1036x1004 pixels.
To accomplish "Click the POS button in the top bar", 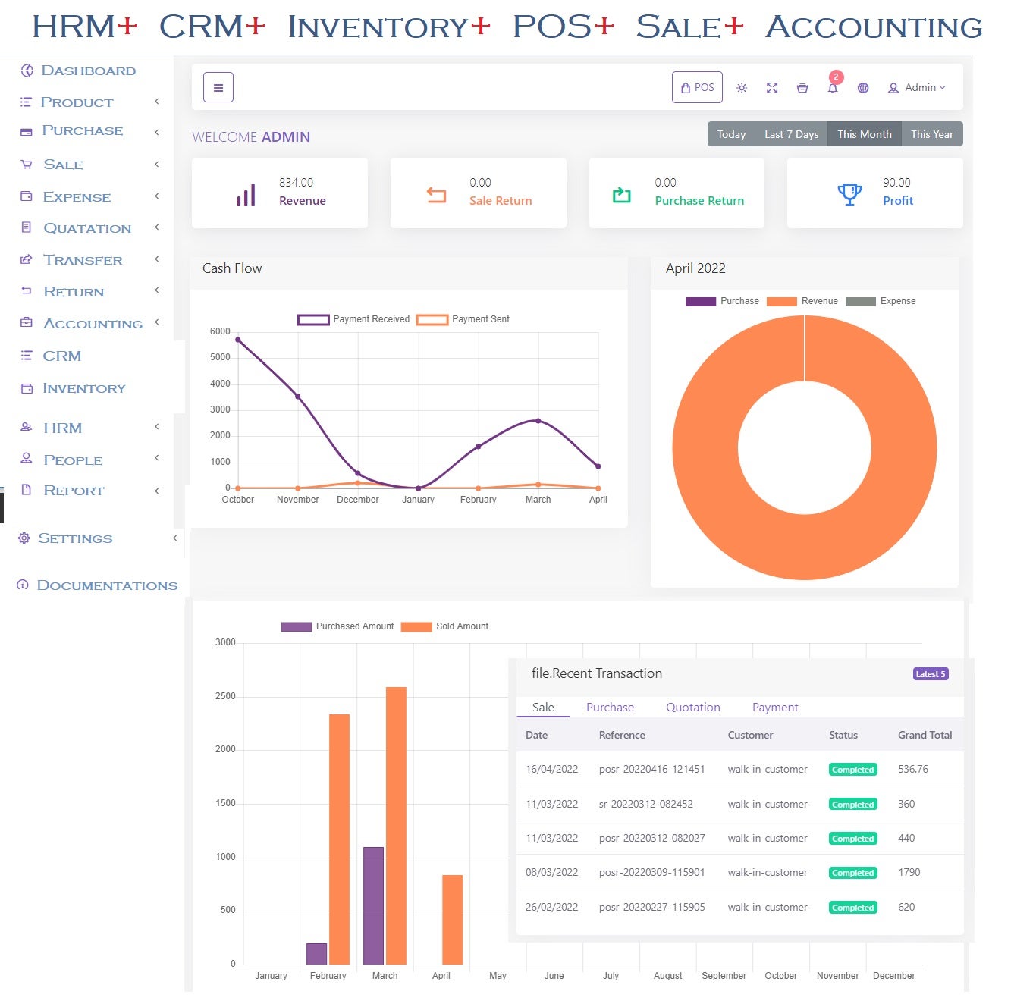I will point(697,87).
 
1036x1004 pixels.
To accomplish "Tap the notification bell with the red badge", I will point(833,87).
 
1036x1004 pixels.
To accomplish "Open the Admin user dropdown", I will point(917,87).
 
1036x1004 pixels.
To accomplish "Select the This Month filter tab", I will point(864,134).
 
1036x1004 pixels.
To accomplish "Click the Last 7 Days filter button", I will point(791,134).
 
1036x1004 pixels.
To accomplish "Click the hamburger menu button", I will point(218,87).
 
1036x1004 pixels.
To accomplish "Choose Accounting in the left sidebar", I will point(93,324).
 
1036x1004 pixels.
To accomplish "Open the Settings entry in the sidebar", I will point(75,538).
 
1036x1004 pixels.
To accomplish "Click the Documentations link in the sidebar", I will point(107,585).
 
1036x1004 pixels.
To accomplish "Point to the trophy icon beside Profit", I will point(849,194).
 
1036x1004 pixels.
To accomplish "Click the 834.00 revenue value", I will point(296,183).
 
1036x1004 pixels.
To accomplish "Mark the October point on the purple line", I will point(238,340).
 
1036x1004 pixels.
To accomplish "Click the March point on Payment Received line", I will point(538,420).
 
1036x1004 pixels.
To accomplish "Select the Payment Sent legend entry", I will point(463,319).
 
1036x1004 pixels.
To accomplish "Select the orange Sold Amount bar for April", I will point(452,919).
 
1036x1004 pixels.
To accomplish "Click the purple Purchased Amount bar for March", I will point(373,905).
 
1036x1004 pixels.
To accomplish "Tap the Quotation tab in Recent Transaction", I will point(692,707).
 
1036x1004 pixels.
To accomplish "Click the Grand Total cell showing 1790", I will point(909,872).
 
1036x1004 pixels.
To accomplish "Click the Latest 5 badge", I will point(931,674).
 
